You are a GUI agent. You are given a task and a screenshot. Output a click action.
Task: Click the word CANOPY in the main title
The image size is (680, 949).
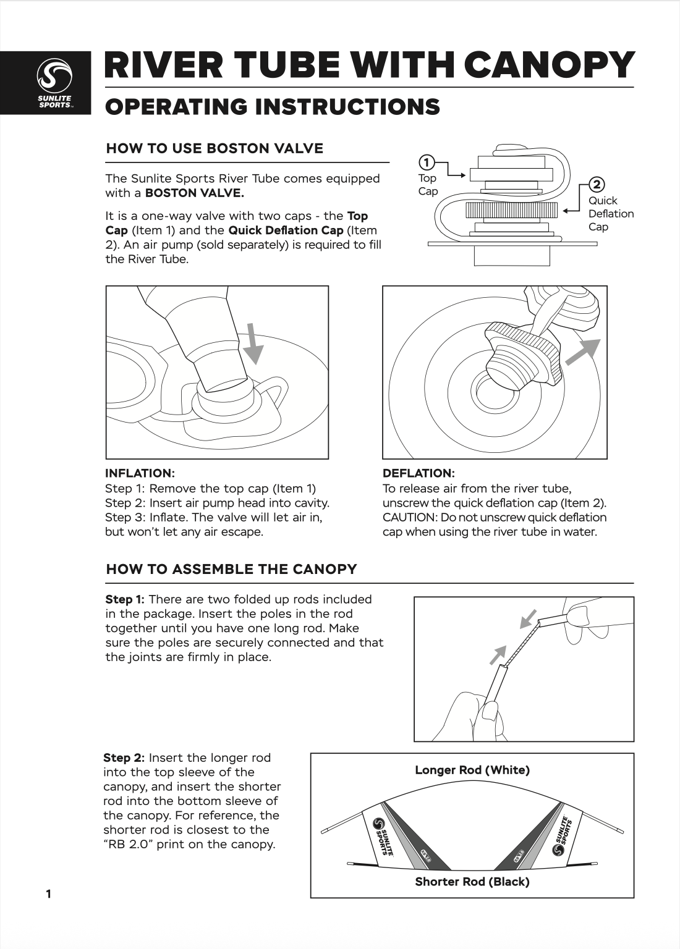(549, 64)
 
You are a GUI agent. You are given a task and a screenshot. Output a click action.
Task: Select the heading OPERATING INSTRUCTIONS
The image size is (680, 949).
(273, 106)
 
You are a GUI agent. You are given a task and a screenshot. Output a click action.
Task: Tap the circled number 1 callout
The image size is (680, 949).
(425, 163)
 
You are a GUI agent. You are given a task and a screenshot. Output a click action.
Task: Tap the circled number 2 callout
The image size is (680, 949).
(597, 185)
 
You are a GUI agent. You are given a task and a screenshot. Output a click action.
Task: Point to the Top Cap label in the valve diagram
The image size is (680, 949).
(428, 185)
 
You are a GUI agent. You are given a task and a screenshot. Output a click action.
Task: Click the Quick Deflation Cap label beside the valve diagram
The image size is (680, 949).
(610, 214)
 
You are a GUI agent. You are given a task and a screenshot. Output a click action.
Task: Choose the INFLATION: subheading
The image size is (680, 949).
(140, 473)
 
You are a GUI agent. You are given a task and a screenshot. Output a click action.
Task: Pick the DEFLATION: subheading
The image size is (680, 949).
(419, 473)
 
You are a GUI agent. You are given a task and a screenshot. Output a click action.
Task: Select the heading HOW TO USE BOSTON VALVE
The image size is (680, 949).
(215, 148)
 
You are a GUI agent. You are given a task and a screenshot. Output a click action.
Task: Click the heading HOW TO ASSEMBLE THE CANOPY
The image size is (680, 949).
(231, 569)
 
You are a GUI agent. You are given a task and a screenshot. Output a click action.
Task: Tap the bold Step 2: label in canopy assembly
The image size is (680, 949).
(124, 757)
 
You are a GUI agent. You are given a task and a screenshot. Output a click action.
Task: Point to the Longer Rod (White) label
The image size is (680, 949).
(472, 770)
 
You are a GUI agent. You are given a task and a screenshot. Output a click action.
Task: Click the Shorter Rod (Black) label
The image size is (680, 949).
(472, 882)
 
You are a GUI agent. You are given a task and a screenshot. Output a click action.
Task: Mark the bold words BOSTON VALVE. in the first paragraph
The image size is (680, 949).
(194, 193)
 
